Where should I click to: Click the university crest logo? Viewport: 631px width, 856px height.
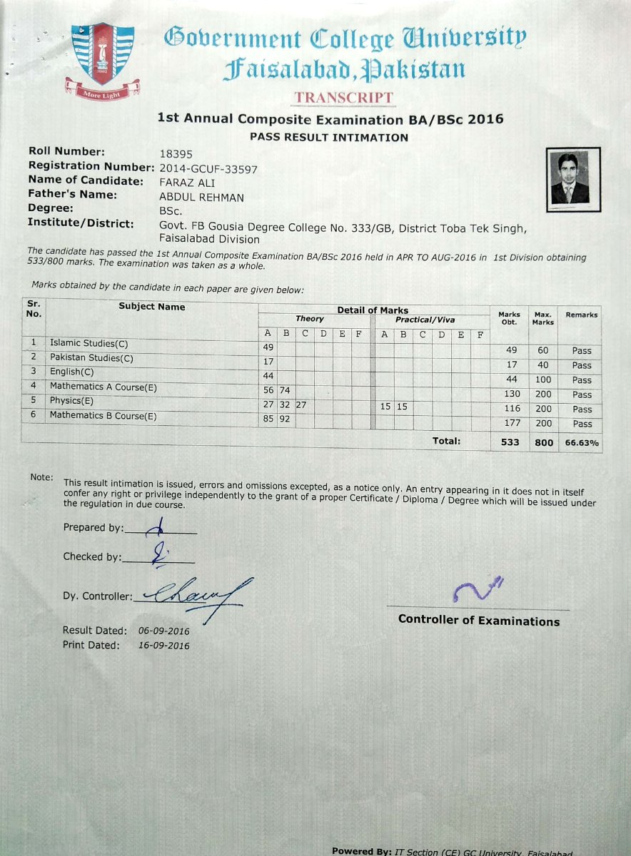pos(102,61)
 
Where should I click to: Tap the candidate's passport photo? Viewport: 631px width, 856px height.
pos(572,180)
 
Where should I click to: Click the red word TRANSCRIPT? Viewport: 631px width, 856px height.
pos(343,97)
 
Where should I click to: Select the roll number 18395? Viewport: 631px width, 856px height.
pos(176,153)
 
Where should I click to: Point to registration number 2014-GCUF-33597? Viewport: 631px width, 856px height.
pos(208,169)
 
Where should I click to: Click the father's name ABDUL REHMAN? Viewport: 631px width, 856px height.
pos(201,198)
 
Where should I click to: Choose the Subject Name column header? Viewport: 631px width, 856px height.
pos(151,307)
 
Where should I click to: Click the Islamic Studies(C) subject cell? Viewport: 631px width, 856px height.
pos(89,343)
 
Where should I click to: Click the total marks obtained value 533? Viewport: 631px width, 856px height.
pos(510,443)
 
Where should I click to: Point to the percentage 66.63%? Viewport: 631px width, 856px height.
pos(582,443)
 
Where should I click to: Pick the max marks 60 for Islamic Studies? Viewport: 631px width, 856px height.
pos(543,350)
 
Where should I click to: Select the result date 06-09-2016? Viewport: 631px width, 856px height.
pos(164,631)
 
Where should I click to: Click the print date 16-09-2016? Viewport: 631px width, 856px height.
pos(164,646)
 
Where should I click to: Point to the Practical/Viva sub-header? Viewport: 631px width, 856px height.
pos(425,320)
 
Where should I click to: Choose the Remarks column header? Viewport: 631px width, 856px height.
pos(582,315)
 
